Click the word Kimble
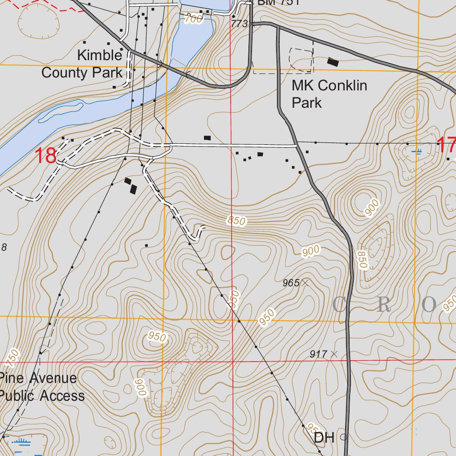click(99, 55)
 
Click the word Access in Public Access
click(63, 395)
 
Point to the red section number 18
click(45, 156)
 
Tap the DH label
click(324, 437)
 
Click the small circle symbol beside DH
click(343, 437)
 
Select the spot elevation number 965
click(291, 283)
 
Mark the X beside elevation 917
click(334, 354)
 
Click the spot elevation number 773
click(239, 24)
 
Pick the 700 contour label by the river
click(193, 19)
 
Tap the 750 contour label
click(13, 356)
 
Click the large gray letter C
click(339, 305)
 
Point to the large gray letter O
click(429, 305)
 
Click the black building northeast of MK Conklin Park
click(333, 62)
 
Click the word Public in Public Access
click(18, 395)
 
